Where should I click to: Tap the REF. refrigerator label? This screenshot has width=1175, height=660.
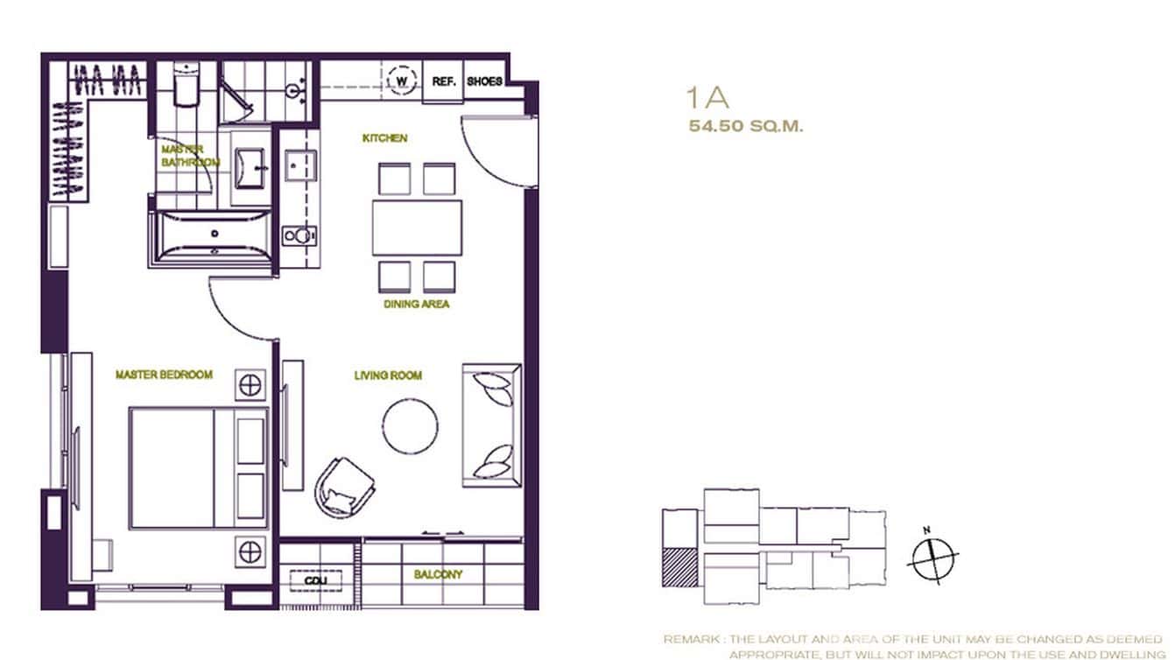tap(442, 81)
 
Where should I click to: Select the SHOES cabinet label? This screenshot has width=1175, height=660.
tap(484, 81)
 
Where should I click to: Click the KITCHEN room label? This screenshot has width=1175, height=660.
tap(385, 138)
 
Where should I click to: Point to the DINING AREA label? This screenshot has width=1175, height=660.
tap(417, 305)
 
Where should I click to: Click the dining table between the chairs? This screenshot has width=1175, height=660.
tap(417, 228)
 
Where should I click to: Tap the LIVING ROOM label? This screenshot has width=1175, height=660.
tap(388, 376)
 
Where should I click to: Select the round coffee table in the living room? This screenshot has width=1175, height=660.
tap(411, 426)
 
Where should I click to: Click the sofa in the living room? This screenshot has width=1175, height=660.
tap(491, 425)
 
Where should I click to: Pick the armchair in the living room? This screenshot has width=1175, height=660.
tap(343, 487)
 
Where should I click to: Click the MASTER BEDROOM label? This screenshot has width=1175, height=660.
tap(164, 375)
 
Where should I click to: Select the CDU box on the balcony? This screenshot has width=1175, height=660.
tap(310, 581)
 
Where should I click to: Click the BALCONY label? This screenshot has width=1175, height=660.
tap(438, 575)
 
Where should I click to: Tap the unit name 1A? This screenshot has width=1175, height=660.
tap(708, 96)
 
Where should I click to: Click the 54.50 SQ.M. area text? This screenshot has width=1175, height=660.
tap(746, 126)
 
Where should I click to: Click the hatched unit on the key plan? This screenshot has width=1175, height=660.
tap(680, 566)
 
